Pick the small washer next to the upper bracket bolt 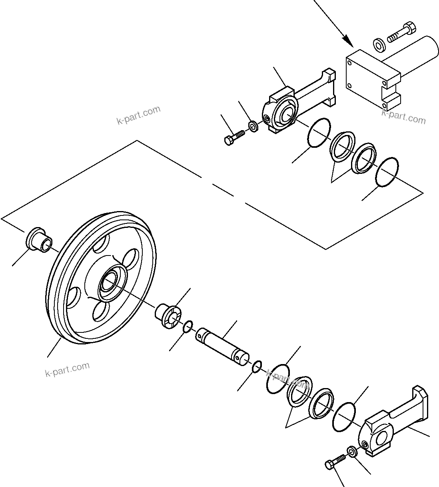253,126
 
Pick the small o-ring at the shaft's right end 257,365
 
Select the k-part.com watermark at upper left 138,115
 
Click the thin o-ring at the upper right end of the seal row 387,172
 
